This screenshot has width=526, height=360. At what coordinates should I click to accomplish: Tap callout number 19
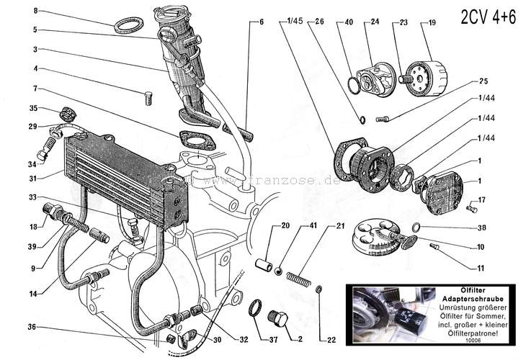point(432,23)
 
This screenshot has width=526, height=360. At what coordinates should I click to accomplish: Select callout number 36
point(32,326)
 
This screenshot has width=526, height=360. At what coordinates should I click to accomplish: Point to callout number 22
point(331,339)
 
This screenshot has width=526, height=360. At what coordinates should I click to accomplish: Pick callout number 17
point(481,199)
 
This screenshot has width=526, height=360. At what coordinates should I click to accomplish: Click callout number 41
point(313,226)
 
